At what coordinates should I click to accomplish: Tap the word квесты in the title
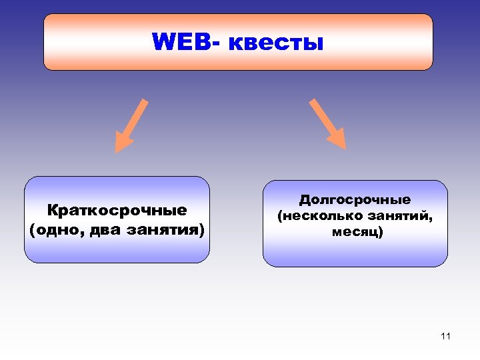pos(276,43)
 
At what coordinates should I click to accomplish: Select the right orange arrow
pos(327,123)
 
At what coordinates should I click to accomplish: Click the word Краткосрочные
pos(117,211)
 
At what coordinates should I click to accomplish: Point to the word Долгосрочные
pos(355,200)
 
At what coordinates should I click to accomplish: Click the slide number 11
pos(445,336)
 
